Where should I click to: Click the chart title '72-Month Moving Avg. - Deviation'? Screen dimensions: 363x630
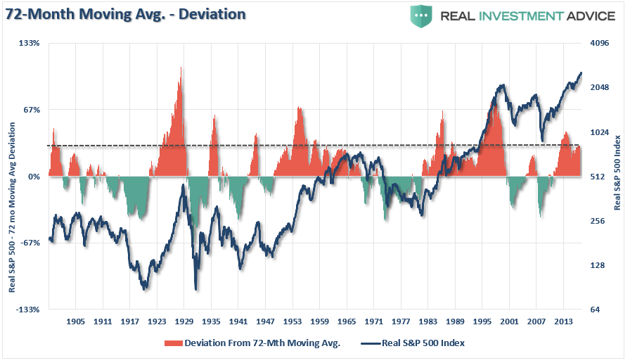(x=127, y=14)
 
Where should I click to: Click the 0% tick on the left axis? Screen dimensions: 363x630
(x=34, y=177)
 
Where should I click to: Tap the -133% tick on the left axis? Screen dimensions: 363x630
(x=28, y=310)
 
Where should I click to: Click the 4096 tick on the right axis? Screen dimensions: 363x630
(x=599, y=44)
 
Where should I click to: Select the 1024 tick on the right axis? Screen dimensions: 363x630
(x=599, y=132)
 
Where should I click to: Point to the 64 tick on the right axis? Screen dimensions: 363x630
(x=596, y=310)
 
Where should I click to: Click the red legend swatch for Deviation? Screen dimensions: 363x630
(x=172, y=343)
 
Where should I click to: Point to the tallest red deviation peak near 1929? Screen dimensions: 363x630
(x=181, y=68)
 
